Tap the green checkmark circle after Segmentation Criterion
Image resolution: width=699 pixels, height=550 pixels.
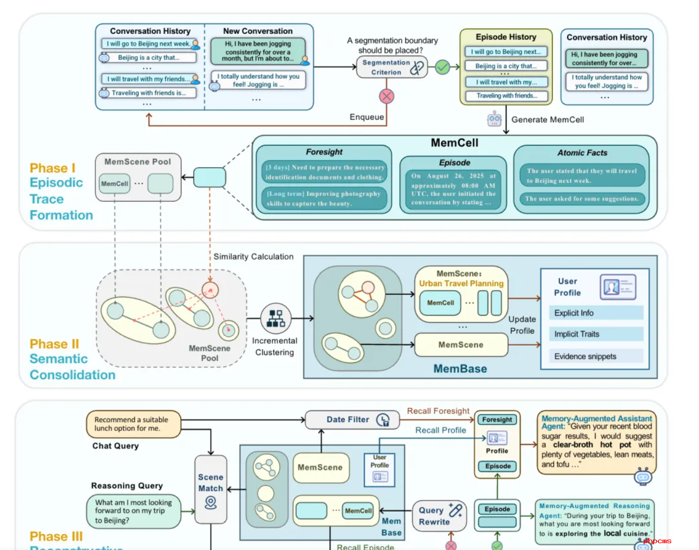coord(442,67)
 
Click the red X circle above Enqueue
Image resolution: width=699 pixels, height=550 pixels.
coord(386,96)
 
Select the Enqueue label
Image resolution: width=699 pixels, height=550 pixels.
coord(367,117)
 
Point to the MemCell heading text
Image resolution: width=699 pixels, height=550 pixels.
coord(455,143)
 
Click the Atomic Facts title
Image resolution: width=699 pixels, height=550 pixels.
coord(582,153)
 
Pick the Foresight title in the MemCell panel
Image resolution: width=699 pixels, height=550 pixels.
coord(324,152)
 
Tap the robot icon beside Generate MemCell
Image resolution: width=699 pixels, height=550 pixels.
coord(494,120)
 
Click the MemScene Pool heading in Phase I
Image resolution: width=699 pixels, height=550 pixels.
coord(137,162)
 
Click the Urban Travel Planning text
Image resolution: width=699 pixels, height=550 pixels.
coord(461,284)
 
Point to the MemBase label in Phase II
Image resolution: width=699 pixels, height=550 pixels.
coord(460,369)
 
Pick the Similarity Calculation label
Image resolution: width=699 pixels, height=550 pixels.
coord(253,256)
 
